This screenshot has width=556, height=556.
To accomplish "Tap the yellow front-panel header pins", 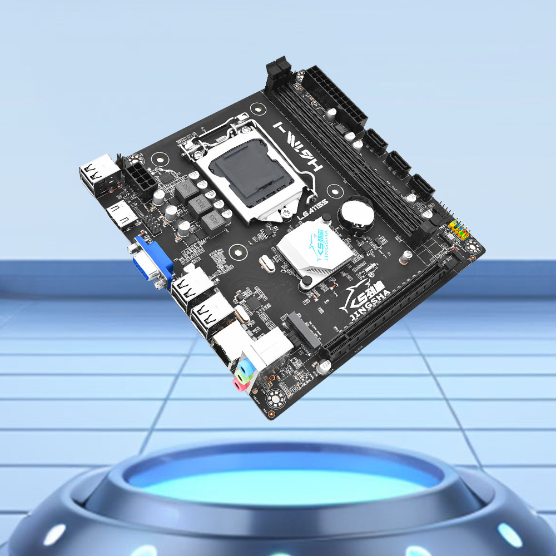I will (459, 228).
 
